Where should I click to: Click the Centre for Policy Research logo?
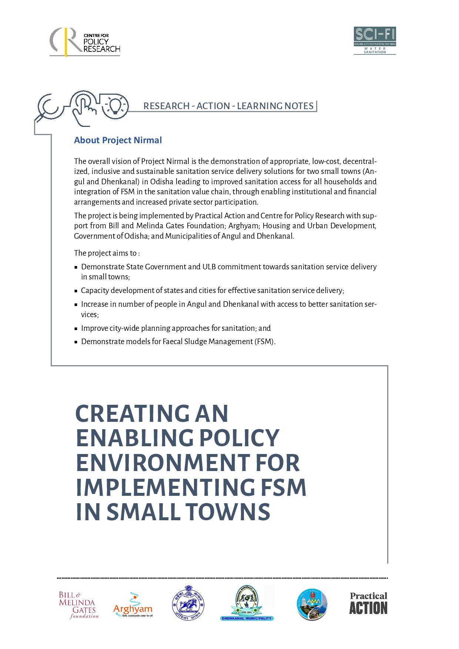pos(85,42)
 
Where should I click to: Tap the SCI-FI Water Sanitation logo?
pos(375,40)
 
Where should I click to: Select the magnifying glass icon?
pos(48,107)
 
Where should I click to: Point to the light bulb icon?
pos(115,105)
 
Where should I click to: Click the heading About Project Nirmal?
pos(118,140)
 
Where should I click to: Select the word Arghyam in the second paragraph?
pos(242,226)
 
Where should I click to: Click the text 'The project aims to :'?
pos(107,253)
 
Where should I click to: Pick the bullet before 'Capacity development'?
pos(76,291)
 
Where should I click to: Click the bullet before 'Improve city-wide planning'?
pos(76,329)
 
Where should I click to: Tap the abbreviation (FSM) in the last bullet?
pos(264,342)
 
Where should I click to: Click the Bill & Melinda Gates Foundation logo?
pos(78,605)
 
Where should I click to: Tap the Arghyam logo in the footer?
pos(133,605)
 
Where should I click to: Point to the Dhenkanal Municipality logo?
pos(247,603)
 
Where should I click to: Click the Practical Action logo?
pos(368,603)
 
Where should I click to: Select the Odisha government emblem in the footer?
pos(188,603)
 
